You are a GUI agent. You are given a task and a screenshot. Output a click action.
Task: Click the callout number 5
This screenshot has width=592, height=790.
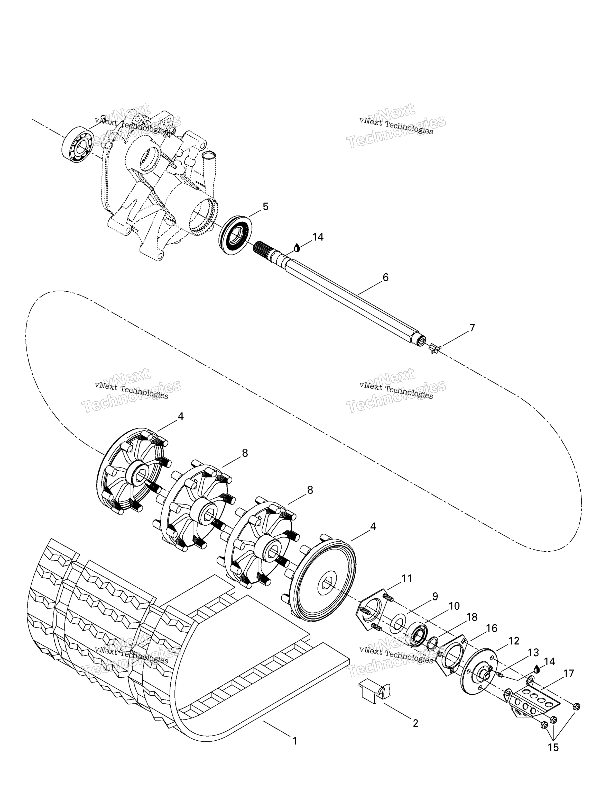[265, 207]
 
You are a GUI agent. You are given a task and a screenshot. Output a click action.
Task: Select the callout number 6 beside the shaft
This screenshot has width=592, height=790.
[385, 277]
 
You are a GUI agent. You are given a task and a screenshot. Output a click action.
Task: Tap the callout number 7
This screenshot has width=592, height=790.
[472, 328]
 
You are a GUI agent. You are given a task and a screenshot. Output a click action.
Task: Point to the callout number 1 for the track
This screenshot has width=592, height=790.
[295, 741]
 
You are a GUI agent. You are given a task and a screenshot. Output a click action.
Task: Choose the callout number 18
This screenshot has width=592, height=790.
[472, 617]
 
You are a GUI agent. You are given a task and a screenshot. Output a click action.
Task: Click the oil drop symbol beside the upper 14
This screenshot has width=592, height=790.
[297, 247]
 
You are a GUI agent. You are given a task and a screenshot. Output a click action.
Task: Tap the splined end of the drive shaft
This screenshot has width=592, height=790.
[263, 248]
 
